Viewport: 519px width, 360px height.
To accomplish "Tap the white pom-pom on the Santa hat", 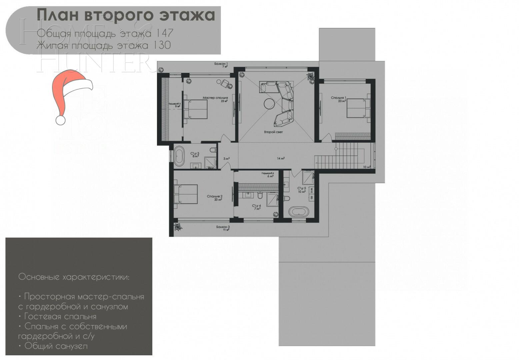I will pos(60,120).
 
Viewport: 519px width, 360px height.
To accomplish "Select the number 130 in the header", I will pos(162,45).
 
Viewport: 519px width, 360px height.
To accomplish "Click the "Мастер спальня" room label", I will pos(215,98).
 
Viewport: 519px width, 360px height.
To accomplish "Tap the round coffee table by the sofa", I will pos(268,104).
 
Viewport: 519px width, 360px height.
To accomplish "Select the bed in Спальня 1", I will pos(359,108).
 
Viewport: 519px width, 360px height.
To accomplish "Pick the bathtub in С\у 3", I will pos(180,156).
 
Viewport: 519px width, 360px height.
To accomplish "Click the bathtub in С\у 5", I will pos(298,211).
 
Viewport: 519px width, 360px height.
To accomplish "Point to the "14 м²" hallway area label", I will pos(281,158).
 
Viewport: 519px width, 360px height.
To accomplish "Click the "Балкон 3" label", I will pos(223,227).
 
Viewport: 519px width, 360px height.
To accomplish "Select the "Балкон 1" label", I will pos(221,64).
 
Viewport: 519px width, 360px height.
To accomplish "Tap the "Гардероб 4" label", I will pos(268,173).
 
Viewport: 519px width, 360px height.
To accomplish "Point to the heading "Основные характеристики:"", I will pos(74,277).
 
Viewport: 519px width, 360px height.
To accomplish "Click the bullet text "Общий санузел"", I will pos(56,346).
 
